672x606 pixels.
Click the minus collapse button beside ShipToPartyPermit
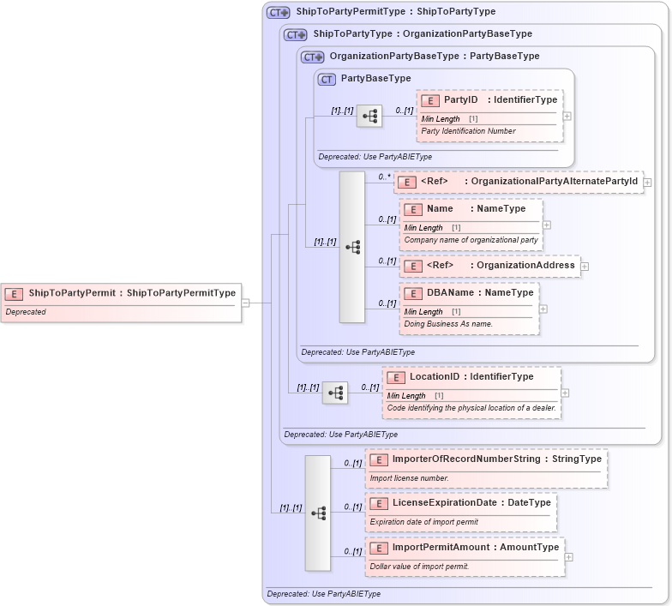point(245,303)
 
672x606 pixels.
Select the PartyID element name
point(460,100)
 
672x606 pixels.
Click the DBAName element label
point(450,293)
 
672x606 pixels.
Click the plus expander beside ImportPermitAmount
point(569,556)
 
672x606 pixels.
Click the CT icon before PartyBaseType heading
point(327,79)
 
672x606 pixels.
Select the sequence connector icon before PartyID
point(369,116)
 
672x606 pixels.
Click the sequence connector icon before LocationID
point(335,393)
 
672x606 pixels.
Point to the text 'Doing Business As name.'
point(447,324)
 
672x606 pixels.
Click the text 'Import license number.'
point(409,478)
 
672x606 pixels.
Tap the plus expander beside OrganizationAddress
point(585,267)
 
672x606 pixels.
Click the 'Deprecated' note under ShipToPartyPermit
point(26,312)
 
